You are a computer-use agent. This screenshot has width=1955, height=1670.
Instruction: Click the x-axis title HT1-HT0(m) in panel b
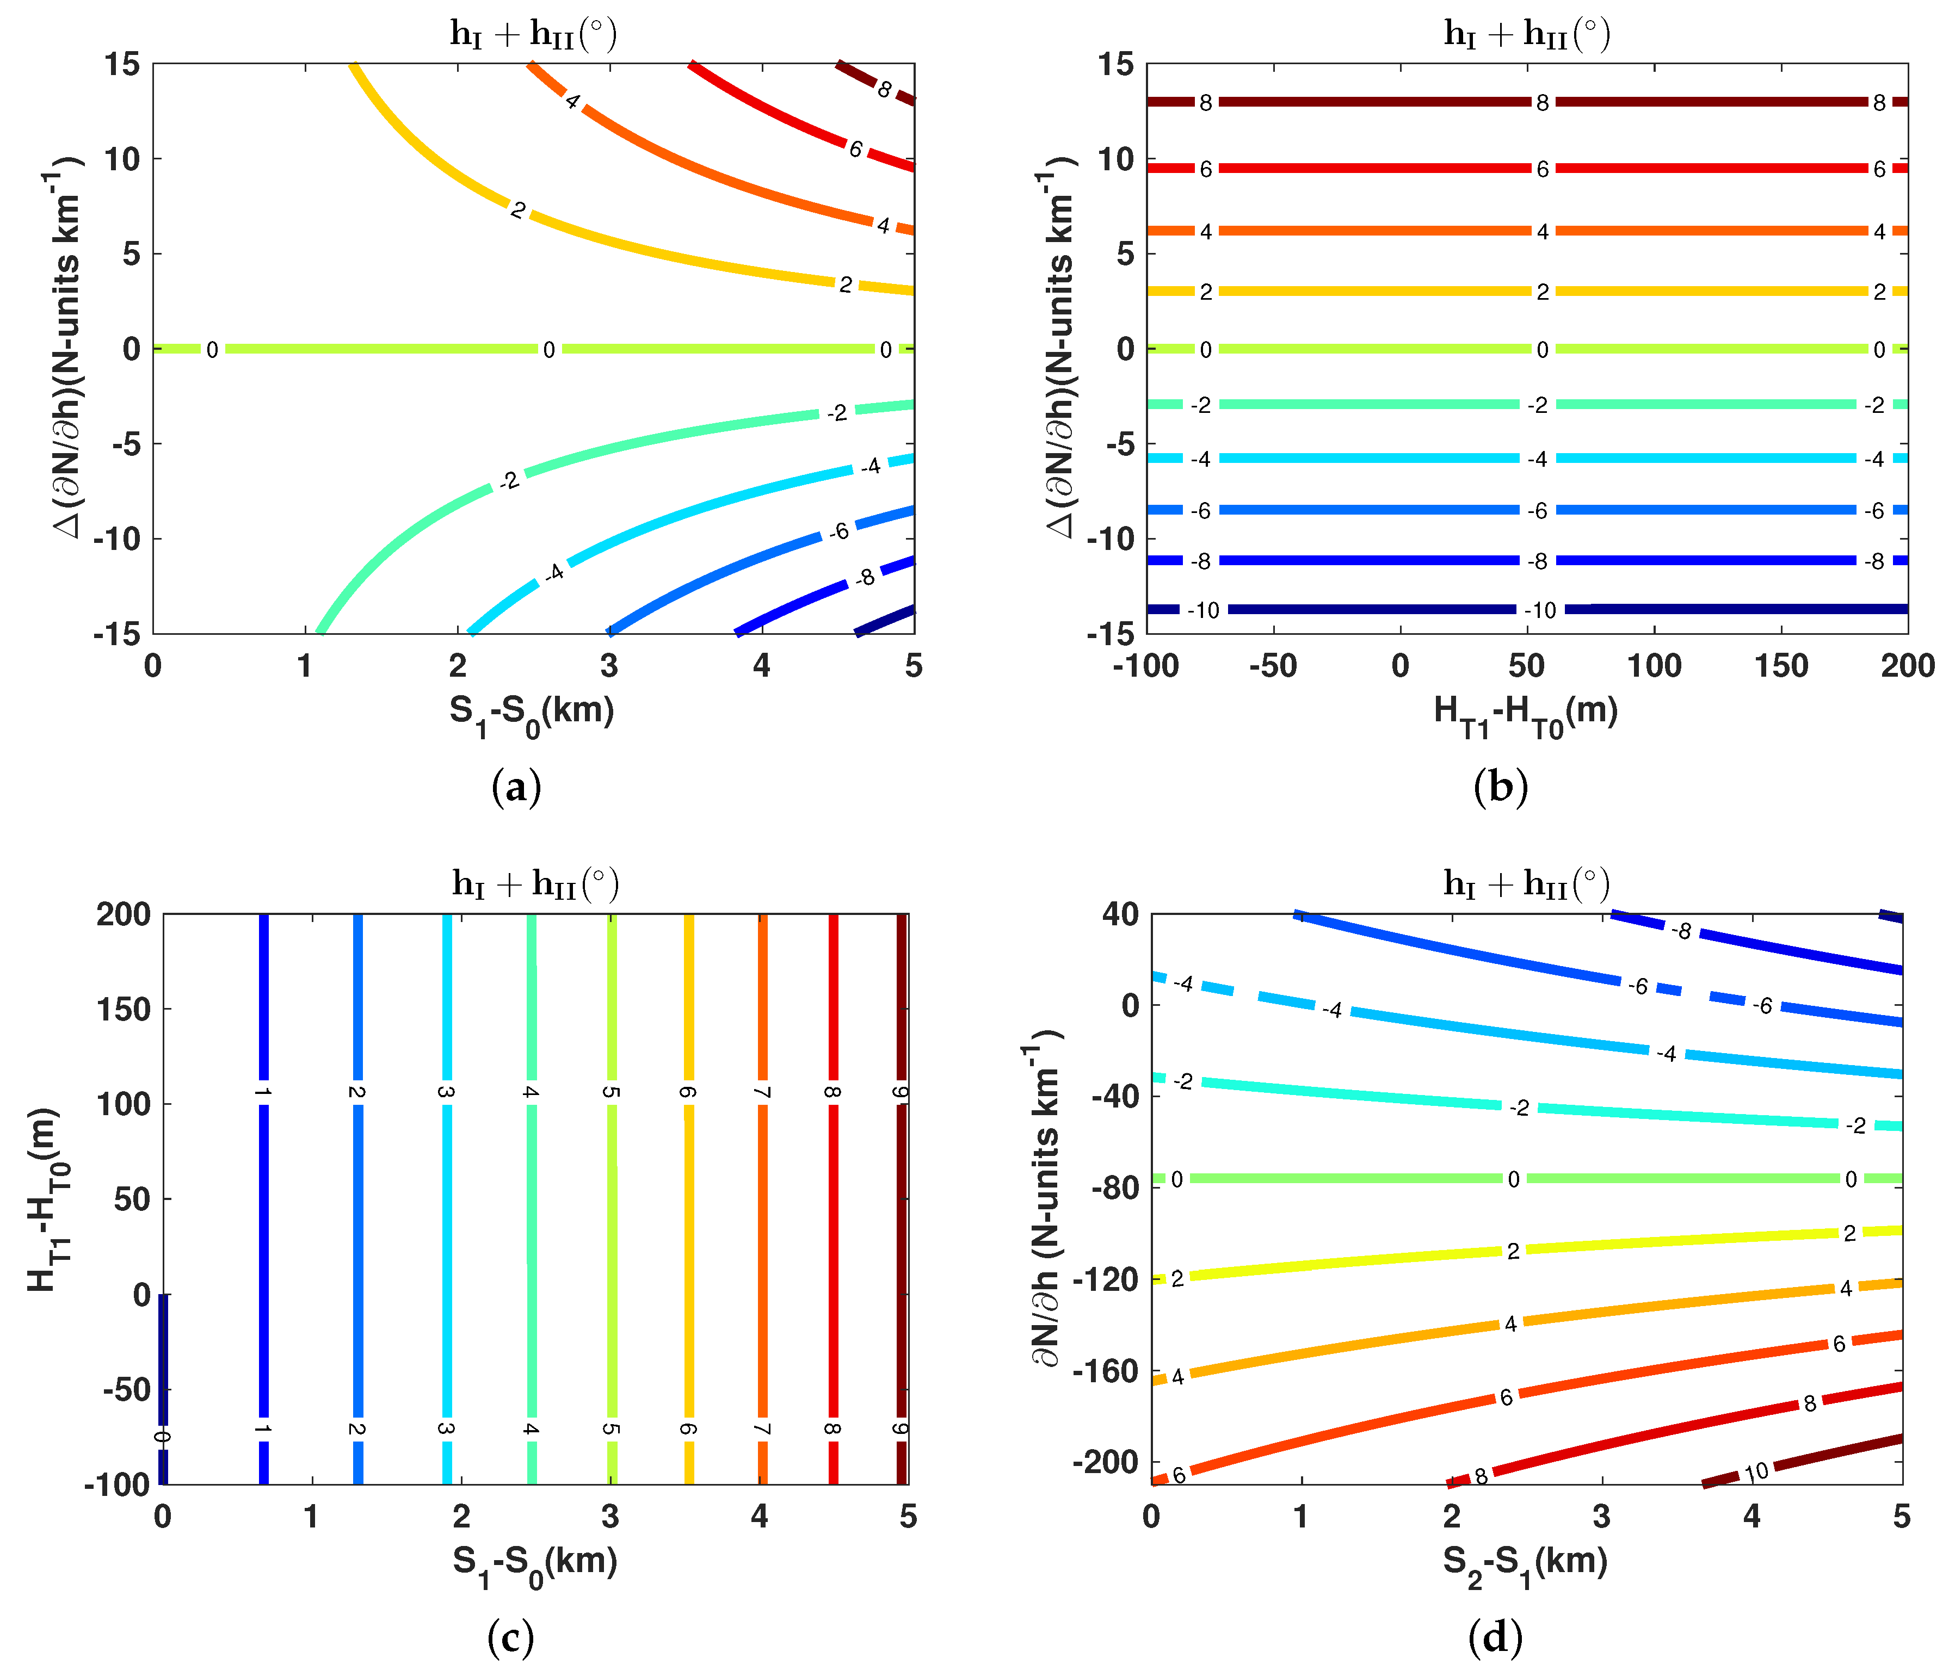[1526, 713]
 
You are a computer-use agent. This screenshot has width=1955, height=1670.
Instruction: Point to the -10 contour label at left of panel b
[1203, 610]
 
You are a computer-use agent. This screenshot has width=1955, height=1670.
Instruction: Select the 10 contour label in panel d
[1756, 1473]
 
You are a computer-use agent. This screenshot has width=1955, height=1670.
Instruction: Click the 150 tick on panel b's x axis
[1780, 666]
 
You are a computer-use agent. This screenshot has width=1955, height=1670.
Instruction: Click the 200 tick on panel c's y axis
[124, 914]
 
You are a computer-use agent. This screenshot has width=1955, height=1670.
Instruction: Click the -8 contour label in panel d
[1681, 931]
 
